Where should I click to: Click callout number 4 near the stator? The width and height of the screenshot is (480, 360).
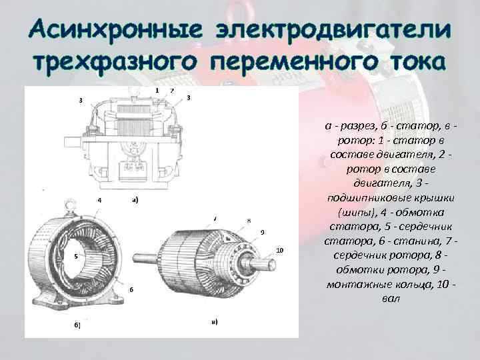pyautogui.click(x=99, y=200)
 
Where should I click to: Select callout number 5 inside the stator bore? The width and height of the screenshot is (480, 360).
pyautogui.click(x=76, y=255)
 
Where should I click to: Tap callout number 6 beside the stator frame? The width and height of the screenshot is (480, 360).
pyautogui.click(x=132, y=289)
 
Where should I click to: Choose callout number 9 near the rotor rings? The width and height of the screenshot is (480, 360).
pyautogui.click(x=263, y=232)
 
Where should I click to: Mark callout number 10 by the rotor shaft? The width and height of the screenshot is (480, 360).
pyautogui.click(x=279, y=250)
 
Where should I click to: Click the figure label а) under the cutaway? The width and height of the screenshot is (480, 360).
pyautogui.click(x=135, y=199)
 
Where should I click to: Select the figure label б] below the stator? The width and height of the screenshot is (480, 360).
pyautogui.click(x=77, y=325)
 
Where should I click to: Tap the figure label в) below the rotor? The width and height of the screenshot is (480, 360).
pyautogui.click(x=214, y=321)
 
